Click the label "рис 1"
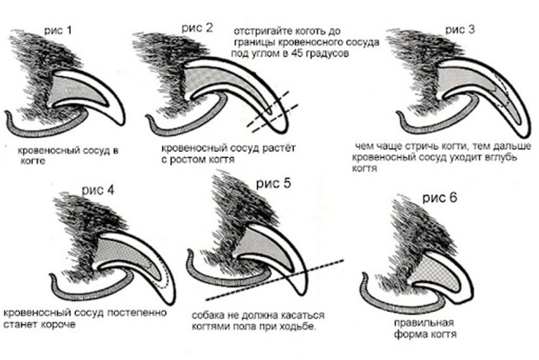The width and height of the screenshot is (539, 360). [x=58, y=30]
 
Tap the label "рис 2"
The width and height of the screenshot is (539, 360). [x=198, y=28]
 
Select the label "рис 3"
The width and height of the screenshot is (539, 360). [x=460, y=29]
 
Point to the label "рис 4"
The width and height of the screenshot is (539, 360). [x=98, y=190]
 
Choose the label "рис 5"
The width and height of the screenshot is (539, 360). [x=274, y=183]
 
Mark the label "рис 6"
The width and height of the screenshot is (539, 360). [x=440, y=198]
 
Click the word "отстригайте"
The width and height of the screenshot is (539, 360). [x=263, y=32]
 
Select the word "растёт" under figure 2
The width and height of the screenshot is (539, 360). [x=279, y=148]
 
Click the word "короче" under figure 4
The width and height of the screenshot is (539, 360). [x=58, y=325]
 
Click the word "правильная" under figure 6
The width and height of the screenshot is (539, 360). [x=424, y=323]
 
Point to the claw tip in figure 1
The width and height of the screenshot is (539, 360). [x=120, y=124]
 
